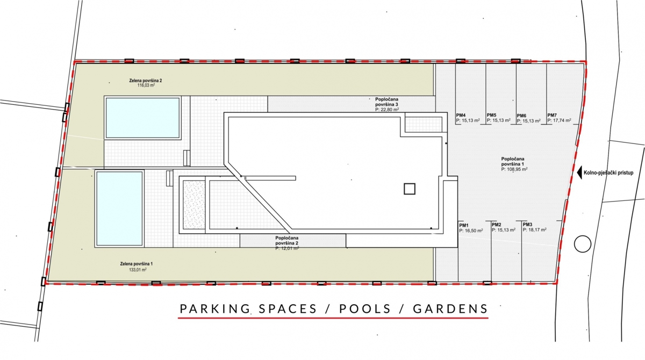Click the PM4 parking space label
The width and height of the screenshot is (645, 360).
pos(461,115)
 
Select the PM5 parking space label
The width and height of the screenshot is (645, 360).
pos(491,115)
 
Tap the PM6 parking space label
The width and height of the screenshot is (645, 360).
pos(522,116)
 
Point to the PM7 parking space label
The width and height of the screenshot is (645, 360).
pos(552,115)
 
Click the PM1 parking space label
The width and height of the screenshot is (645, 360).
pos(464,225)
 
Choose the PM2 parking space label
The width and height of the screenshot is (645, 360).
pos(497,225)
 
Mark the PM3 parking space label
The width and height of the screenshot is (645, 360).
pos(527,225)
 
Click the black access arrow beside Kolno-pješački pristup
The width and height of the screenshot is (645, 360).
pos(579,172)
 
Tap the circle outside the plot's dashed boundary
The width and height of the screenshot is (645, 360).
pos(583,244)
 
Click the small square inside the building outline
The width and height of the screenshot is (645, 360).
pos(409,189)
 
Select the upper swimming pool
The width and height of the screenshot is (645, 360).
pos(143,118)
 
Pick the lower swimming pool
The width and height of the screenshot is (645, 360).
pos(119,208)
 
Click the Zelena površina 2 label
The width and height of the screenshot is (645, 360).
pos(146,81)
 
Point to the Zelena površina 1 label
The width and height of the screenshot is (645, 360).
pos(137,264)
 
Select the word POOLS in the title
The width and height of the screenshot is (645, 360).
pos(365,308)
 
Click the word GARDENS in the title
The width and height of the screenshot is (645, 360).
pos(450,308)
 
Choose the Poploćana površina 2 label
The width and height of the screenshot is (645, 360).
pos(287,240)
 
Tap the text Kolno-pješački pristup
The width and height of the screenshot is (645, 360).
pos(608,173)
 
